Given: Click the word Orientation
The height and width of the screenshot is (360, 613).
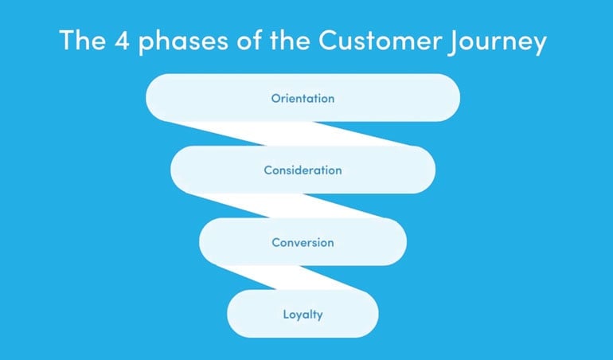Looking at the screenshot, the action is (303, 98).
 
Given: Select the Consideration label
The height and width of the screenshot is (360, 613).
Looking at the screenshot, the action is (303, 170).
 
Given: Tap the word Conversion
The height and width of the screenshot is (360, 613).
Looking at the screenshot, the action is (303, 243).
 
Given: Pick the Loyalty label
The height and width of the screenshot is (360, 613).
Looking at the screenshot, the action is (303, 315).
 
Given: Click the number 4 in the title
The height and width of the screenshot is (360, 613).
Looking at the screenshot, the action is (122, 40).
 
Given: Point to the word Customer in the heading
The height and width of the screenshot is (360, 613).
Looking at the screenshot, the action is (380, 40).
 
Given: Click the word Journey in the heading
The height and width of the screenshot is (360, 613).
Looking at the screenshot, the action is (498, 42).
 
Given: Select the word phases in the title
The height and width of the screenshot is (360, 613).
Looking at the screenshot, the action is (183, 41).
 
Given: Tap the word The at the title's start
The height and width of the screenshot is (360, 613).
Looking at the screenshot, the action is (83, 40).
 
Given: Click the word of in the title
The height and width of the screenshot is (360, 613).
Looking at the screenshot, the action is (249, 40).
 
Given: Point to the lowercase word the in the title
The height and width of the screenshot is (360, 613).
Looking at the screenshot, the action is (290, 40).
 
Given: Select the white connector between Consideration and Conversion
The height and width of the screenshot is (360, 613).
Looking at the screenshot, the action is (289, 205).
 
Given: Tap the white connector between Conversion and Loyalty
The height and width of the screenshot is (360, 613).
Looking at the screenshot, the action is (289, 278).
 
